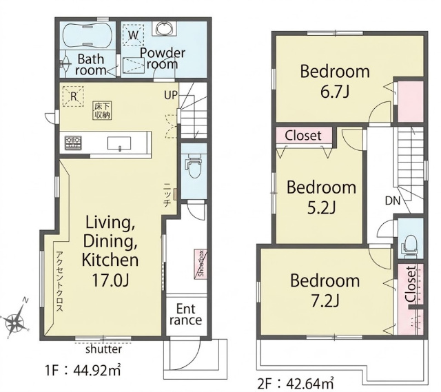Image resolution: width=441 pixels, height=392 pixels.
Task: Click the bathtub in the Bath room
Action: [87, 36]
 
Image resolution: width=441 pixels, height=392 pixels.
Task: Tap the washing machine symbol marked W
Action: [133, 35]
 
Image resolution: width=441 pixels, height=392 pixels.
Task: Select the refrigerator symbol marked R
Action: [73, 96]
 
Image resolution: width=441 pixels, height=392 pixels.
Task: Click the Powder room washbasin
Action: [165, 28]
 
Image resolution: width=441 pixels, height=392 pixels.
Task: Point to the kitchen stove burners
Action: [73, 143]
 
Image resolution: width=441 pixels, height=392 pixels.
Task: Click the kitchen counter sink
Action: [119, 143]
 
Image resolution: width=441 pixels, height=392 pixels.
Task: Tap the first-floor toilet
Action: [194, 167]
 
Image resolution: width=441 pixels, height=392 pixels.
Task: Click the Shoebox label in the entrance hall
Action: [201, 265]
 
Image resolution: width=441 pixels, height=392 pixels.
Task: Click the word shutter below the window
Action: [103, 349]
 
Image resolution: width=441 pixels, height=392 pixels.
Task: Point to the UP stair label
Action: [171, 96]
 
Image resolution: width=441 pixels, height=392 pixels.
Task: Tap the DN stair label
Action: [393, 200]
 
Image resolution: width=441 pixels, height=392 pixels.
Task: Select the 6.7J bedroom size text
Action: [335, 92]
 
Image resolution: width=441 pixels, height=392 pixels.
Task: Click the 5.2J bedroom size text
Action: [322, 208]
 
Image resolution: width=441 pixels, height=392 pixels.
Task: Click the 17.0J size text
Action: [110, 280]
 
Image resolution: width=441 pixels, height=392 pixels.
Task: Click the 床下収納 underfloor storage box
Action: [103, 111]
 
